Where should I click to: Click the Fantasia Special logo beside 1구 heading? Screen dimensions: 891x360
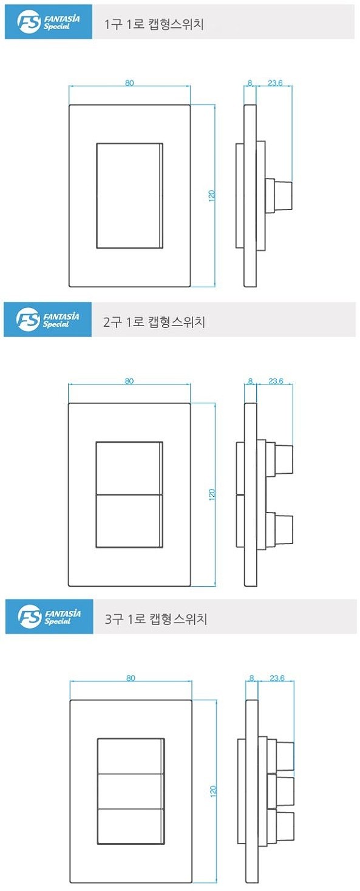tap(49, 22)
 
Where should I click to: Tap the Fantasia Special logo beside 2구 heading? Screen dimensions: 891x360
tap(48, 319)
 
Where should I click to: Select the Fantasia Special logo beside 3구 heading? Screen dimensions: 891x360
tap(49, 617)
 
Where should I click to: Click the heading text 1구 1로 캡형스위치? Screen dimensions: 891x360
tap(154, 25)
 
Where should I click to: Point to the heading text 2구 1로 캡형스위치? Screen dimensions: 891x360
tap(154, 321)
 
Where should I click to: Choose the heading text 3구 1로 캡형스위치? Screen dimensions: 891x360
tap(156, 619)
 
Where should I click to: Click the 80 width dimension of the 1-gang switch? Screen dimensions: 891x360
tap(129, 83)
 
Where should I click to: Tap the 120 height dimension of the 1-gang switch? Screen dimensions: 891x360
tap(211, 196)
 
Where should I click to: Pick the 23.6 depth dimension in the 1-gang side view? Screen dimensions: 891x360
tap(275, 83)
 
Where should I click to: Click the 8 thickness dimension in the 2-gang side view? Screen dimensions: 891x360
tap(250, 381)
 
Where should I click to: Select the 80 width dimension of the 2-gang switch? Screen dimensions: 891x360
tap(129, 381)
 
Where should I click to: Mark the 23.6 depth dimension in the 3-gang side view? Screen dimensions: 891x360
tap(277, 678)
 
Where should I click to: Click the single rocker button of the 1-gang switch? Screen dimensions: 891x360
tap(129, 196)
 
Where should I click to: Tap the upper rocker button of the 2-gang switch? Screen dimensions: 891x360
tap(129, 468)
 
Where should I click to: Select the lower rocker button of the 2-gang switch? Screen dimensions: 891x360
tap(129, 521)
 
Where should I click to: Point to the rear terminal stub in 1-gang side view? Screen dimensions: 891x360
tap(280, 195)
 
